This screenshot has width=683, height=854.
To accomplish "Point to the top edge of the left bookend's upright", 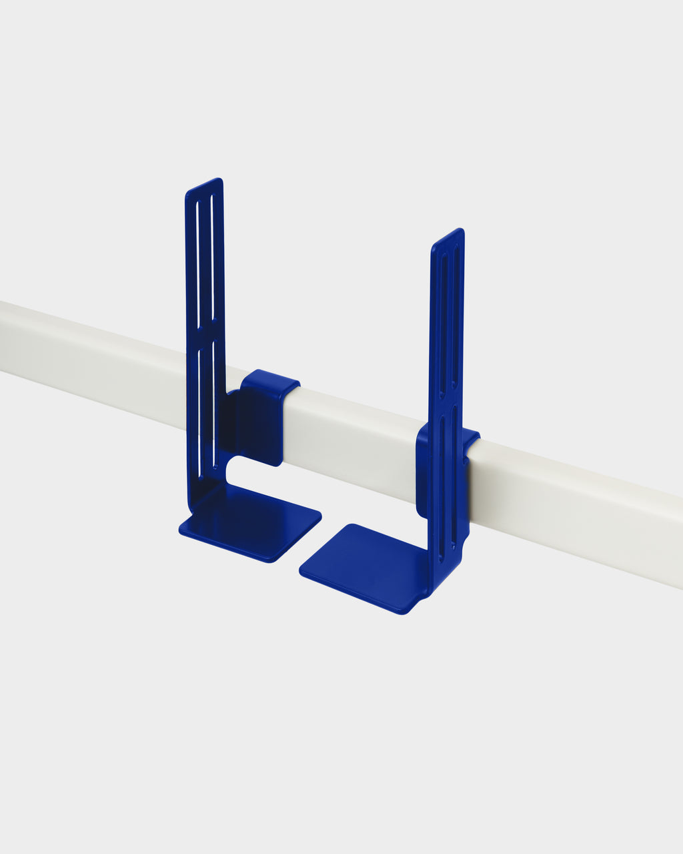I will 204,185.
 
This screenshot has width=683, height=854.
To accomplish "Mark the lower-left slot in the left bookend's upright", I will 199,400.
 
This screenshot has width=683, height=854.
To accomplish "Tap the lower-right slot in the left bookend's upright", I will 213,400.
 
